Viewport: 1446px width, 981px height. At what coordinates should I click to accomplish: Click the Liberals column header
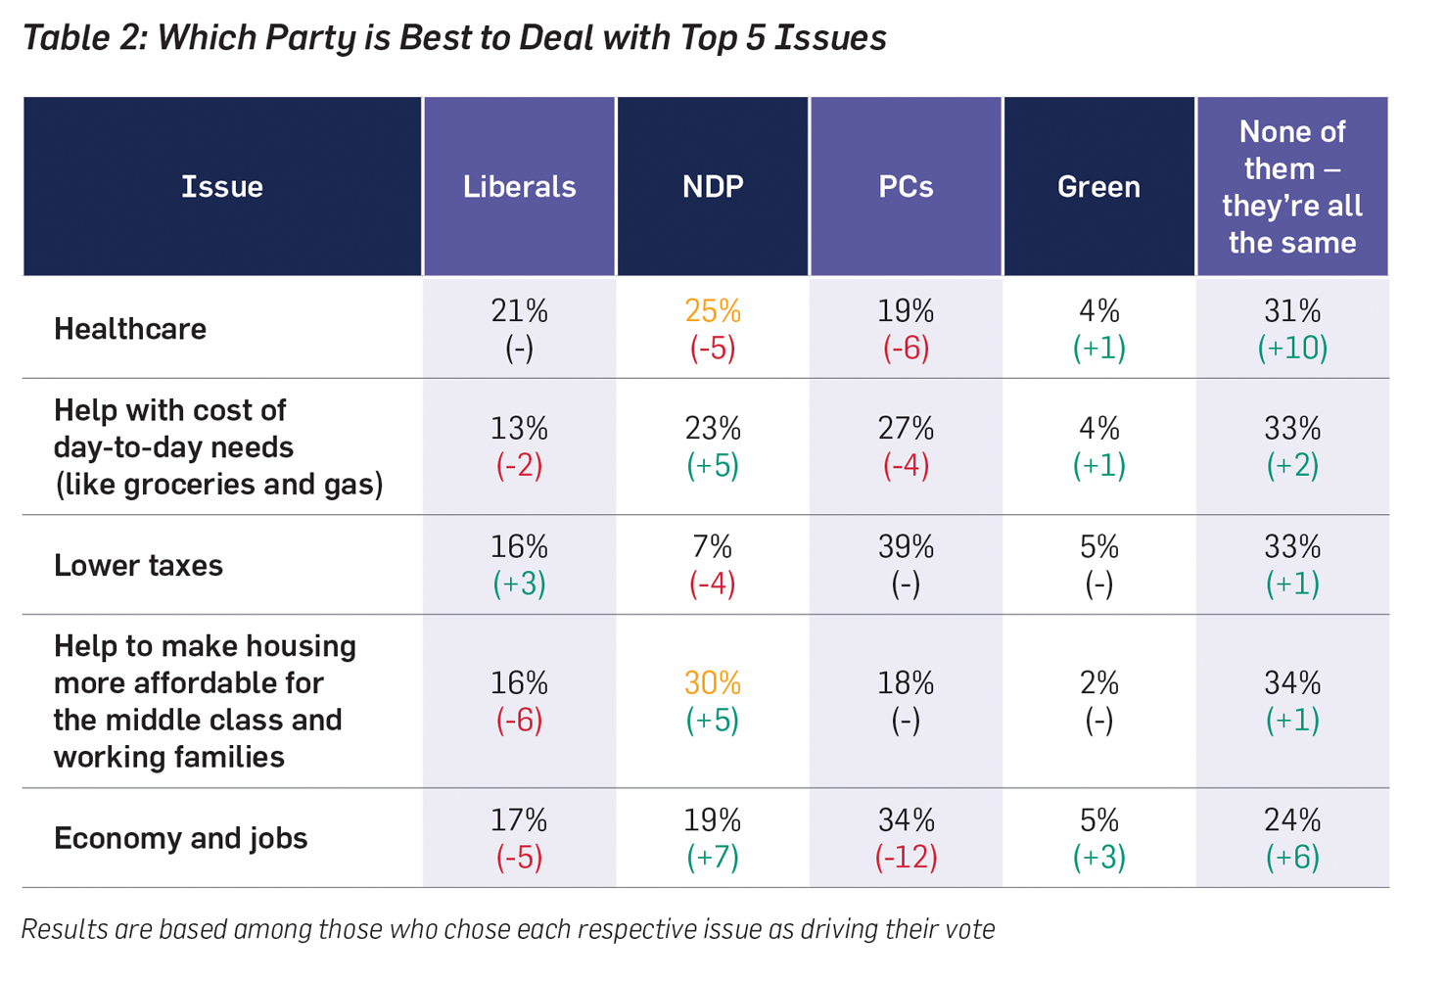(519, 187)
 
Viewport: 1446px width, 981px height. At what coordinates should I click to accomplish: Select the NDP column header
(713, 187)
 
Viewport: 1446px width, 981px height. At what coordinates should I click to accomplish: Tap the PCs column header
(906, 187)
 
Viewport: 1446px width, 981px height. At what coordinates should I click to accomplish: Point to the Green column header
(1098, 187)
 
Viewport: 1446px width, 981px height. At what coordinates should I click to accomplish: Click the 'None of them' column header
(1292, 187)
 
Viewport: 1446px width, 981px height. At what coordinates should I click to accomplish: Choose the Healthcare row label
(130, 329)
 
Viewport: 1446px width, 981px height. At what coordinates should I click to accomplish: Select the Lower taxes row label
(138, 566)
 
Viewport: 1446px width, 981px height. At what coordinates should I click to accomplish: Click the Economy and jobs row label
(181, 839)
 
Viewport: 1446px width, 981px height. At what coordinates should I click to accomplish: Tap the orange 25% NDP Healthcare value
(713, 311)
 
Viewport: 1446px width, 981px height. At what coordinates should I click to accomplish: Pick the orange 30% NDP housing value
(713, 683)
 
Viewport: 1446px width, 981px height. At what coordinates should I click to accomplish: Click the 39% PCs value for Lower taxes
(906, 547)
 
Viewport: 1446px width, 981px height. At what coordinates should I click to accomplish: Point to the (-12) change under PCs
(906, 858)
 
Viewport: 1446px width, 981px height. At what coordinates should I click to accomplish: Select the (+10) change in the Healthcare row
(1292, 349)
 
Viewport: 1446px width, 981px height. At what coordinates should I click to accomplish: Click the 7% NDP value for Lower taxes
(713, 547)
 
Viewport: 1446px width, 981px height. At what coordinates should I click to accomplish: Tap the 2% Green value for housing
(1098, 683)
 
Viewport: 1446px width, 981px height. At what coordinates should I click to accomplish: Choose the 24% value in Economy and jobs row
(1292, 820)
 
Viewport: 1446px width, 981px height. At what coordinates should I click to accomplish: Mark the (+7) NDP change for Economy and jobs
(713, 858)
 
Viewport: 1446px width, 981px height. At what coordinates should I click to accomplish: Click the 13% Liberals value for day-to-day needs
(519, 429)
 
